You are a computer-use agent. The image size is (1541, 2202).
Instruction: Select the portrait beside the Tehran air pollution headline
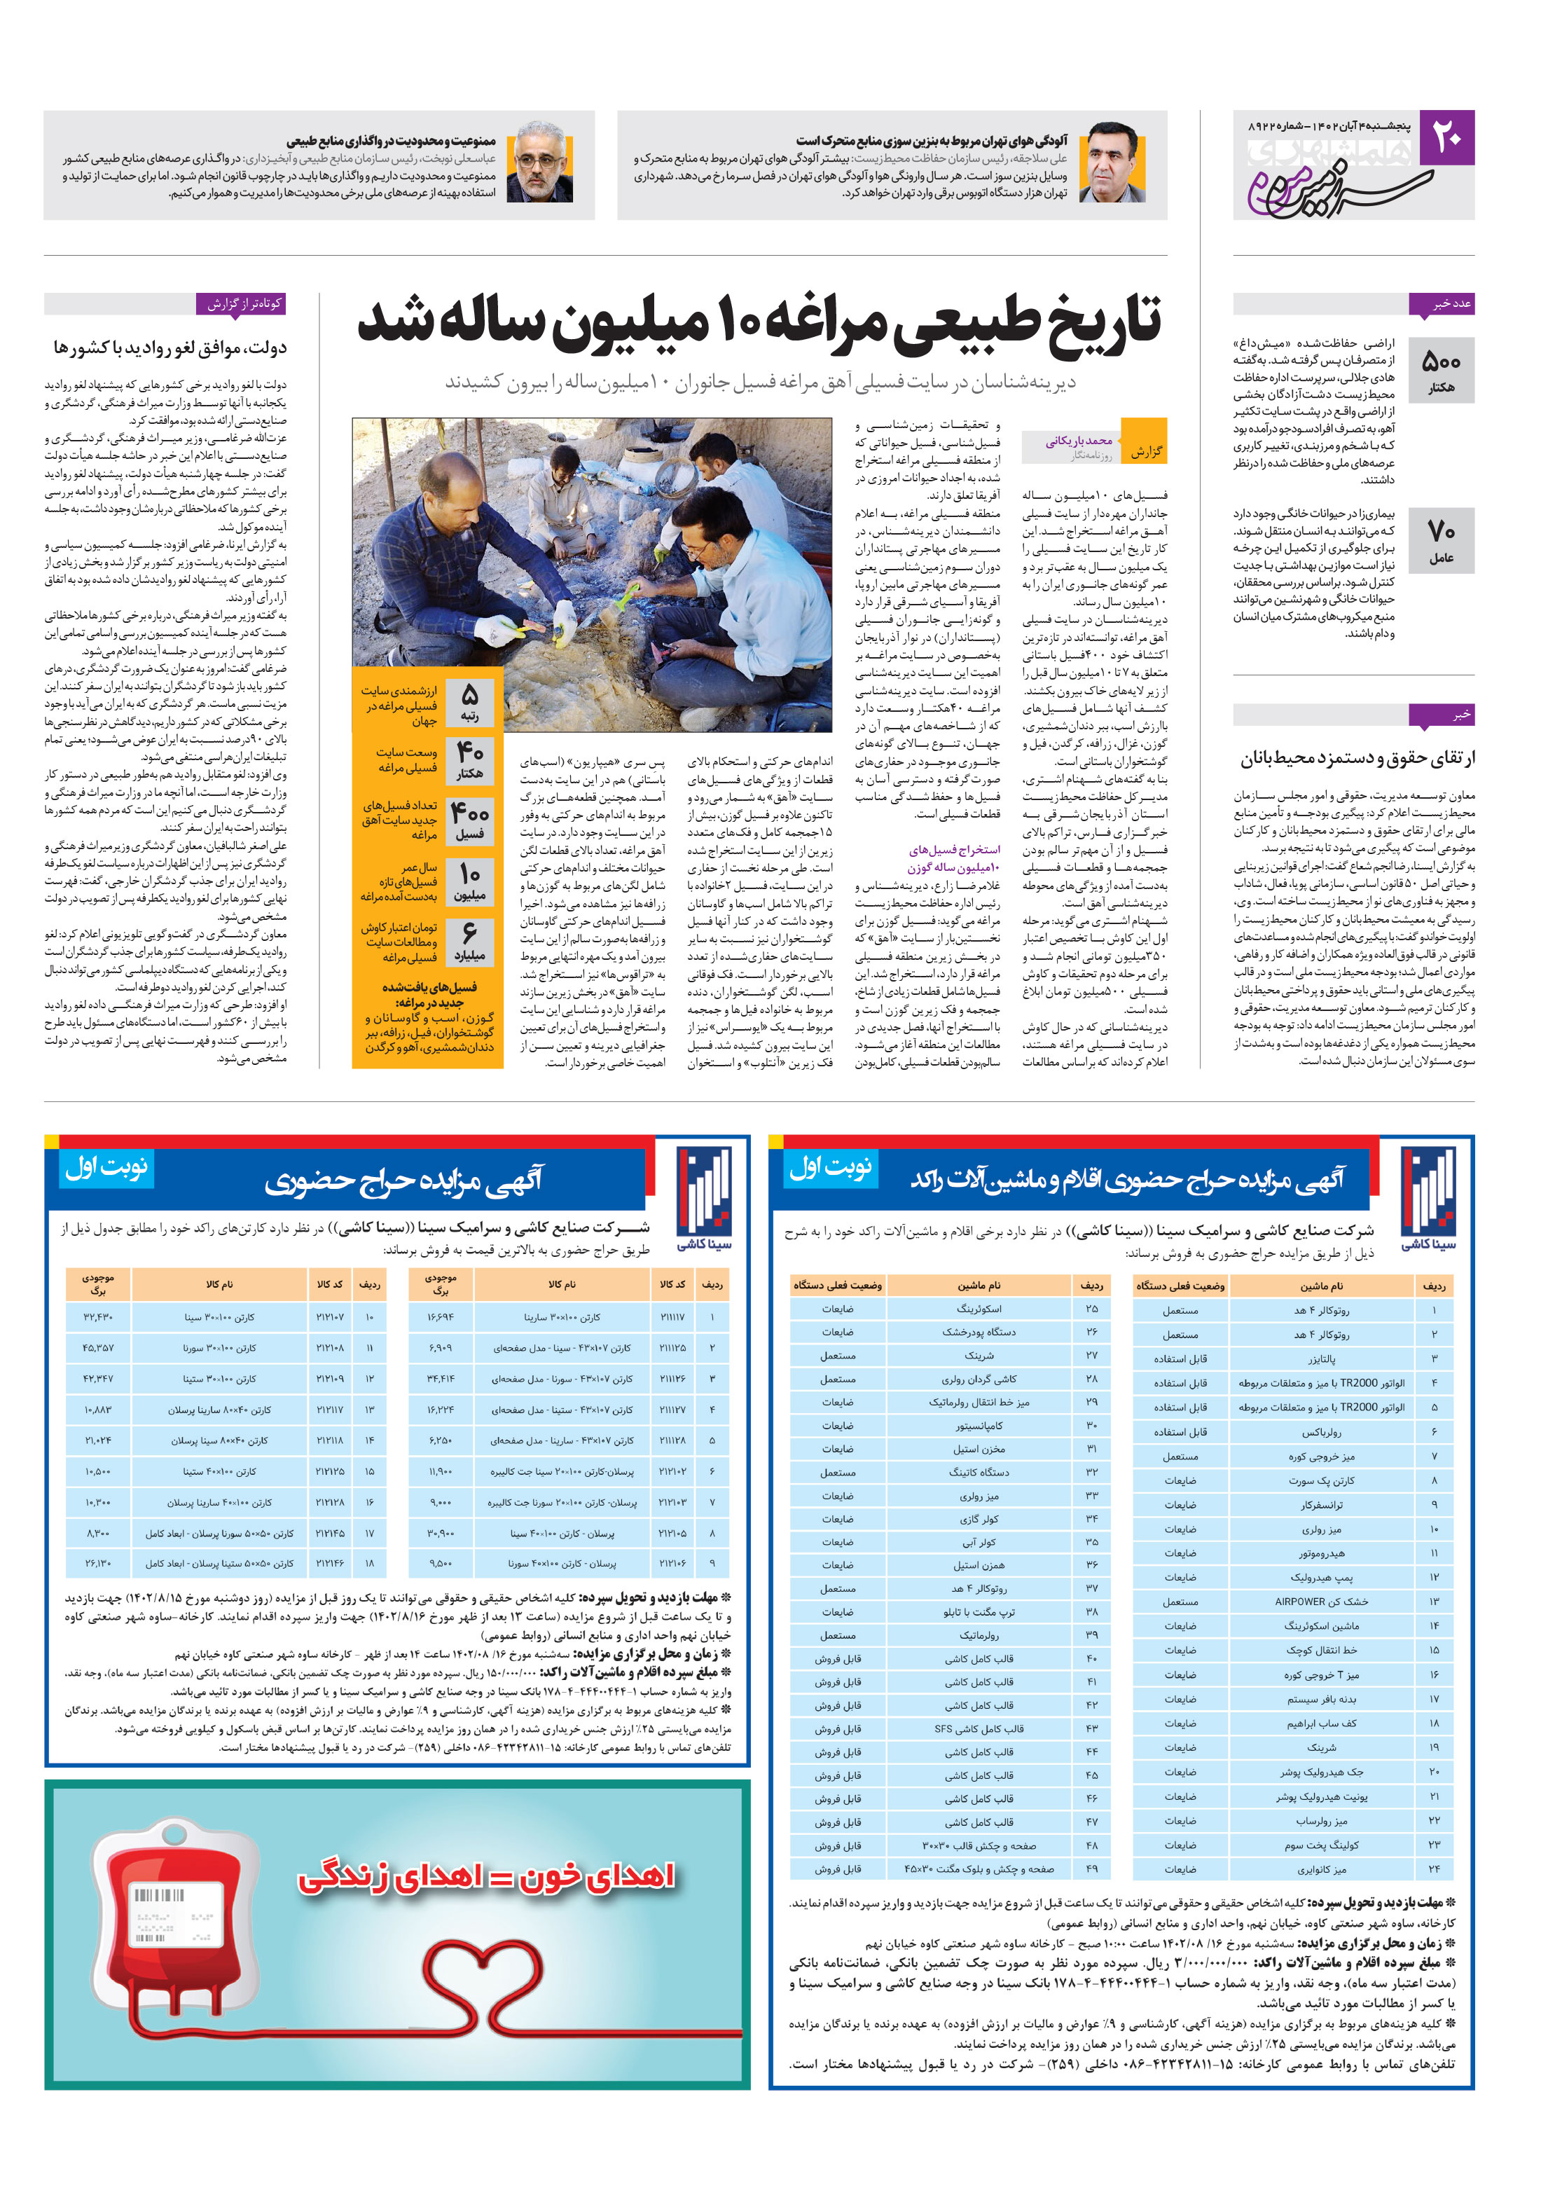[1112, 163]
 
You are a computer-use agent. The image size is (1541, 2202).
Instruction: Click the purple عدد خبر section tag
[1442, 304]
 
